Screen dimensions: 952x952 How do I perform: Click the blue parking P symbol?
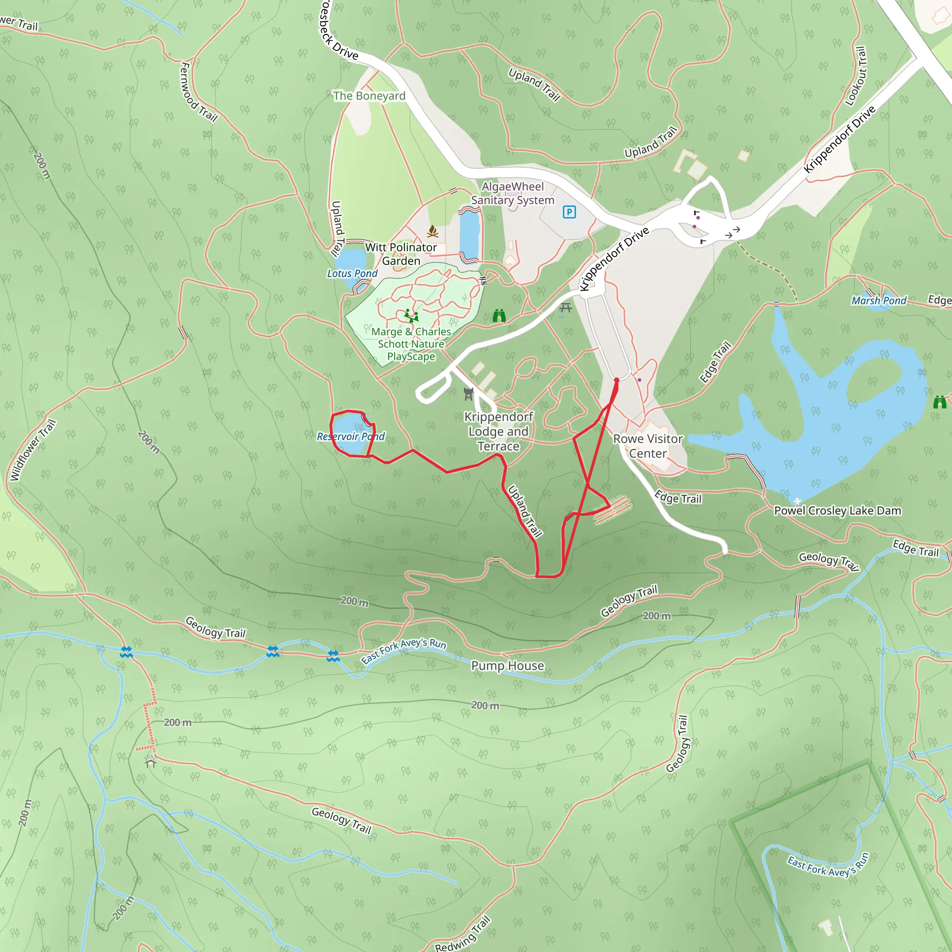click(x=569, y=212)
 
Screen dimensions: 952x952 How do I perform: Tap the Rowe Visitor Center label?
click(x=648, y=446)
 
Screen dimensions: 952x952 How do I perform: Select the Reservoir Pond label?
click(x=350, y=436)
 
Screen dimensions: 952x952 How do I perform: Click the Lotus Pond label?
click(x=352, y=273)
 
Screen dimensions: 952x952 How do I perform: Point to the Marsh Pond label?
click(x=879, y=301)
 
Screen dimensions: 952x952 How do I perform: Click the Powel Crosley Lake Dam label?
click(x=837, y=510)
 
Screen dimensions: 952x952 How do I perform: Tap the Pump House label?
click(x=508, y=666)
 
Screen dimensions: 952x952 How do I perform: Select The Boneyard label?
click(x=369, y=96)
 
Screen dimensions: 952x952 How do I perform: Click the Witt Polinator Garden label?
click(x=401, y=254)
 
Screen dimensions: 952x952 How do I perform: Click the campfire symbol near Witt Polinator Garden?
click(x=433, y=231)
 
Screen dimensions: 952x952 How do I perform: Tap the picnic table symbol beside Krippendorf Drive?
click(x=565, y=308)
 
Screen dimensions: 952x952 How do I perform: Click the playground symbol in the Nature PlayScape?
click(x=411, y=315)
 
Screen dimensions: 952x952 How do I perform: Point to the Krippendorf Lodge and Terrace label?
click(x=498, y=431)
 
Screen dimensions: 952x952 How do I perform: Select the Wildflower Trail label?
click(x=33, y=450)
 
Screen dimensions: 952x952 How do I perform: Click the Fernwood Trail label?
click(x=198, y=92)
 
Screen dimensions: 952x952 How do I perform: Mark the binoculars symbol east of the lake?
click(x=939, y=402)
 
